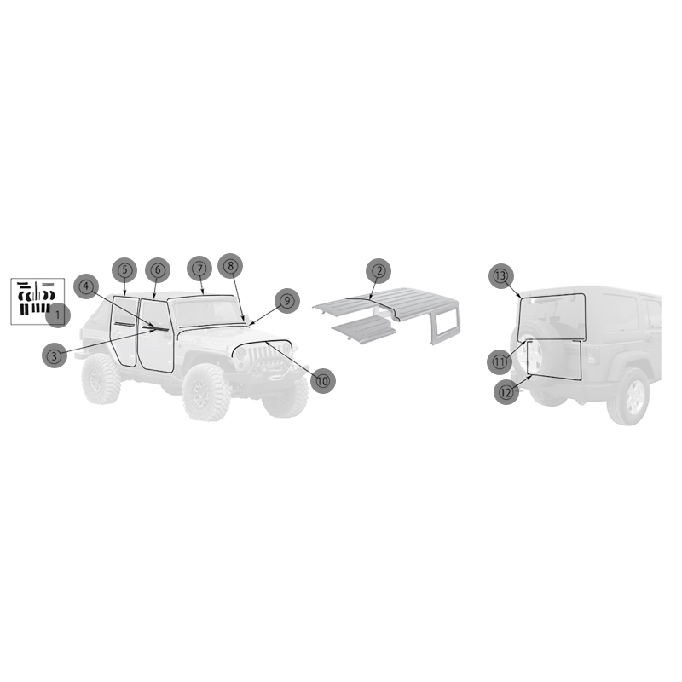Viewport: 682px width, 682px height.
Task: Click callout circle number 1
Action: pyautogui.click(x=58, y=315)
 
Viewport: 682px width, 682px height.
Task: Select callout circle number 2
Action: pyautogui.click(x=379, y=270)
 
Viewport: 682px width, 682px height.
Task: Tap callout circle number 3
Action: pyautogui.click(x=55, y=355)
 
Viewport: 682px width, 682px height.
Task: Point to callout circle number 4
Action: pyautogui.click(x=86, y=286)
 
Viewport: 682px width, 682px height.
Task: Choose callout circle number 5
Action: pyautogui.click(x=124, y=270)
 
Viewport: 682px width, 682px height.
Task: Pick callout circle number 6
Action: pyautogui.click(x=158, y=270)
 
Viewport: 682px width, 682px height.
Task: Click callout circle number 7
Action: pyautogui.click(x=199, y=269)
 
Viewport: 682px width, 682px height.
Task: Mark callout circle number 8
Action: pyautogui.click(x=230, y=266)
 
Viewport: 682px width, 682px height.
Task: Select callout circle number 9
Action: pyautogui.click(x=287, y=301)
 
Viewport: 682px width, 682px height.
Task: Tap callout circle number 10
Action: pyautogui.click(x=323, y=381)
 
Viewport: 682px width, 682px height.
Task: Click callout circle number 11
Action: pyautogui.click(x=500, y=361)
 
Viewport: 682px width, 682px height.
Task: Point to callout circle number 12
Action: pyautogui.click(x=506, y=392)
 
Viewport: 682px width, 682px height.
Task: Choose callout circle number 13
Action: pyautogui.click(x=501, y=275)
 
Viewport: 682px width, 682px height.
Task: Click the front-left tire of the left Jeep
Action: pyautogui.click(x=206, y=392)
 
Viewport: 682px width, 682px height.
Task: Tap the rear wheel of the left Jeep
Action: pyautogui.click(x=101, y=379)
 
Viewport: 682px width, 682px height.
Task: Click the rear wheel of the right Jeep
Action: pyautogui.click(x=629, y=396)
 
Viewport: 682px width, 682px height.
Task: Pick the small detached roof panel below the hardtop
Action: pyautogui.click(x=365, y=330)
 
